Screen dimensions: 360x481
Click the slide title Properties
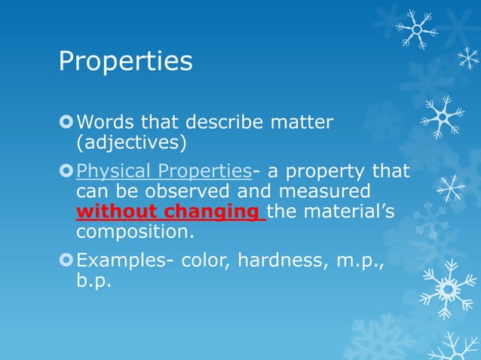[125, 62]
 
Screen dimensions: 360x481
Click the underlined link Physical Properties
[164, 171]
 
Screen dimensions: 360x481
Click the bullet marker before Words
[66, 121]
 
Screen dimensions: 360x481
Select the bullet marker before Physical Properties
[66, 171]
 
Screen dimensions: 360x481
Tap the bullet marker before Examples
[66, 261]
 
